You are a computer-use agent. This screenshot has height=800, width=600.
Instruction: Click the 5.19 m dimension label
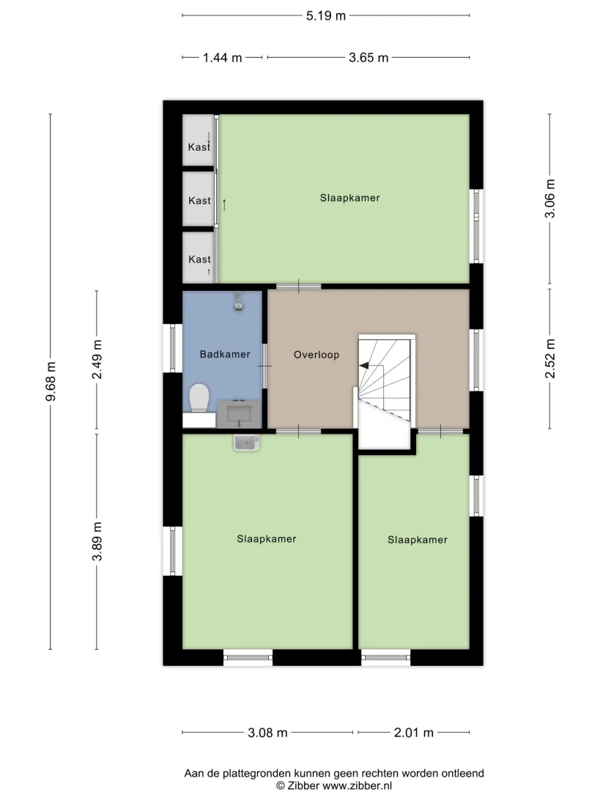pos(325,16)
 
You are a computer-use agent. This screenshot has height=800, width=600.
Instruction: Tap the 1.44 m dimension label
pos(223,58)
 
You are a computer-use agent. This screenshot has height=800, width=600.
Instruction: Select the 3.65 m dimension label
pos(368,58)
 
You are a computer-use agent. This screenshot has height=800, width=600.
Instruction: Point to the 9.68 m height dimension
pos(51,381)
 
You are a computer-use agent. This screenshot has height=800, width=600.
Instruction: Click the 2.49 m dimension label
pos(97,359)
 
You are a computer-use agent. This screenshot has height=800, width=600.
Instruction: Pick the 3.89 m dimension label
pos(97,541)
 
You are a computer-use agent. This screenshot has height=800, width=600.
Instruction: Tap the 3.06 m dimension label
pos(550,199)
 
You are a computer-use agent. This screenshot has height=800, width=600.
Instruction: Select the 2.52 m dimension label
pos(550,358)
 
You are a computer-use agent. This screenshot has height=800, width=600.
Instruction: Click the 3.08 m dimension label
pos(267,733)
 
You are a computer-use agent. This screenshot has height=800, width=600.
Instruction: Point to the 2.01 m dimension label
pos(413,733)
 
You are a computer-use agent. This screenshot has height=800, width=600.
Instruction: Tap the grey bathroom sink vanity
pos(239,414)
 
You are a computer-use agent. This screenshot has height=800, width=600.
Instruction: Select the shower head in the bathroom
pos(238,302)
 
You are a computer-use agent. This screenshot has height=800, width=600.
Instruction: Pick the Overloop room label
pos(316,355)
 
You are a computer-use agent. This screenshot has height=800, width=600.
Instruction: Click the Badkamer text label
pos(225,354)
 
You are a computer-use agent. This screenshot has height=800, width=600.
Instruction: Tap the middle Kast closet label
pos(199,201)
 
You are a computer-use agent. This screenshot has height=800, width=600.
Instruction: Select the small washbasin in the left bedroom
pos(247,442)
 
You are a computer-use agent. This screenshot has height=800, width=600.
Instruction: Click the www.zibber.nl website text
pos(358,786)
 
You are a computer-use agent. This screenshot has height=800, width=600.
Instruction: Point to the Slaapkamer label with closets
pos(350,198)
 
